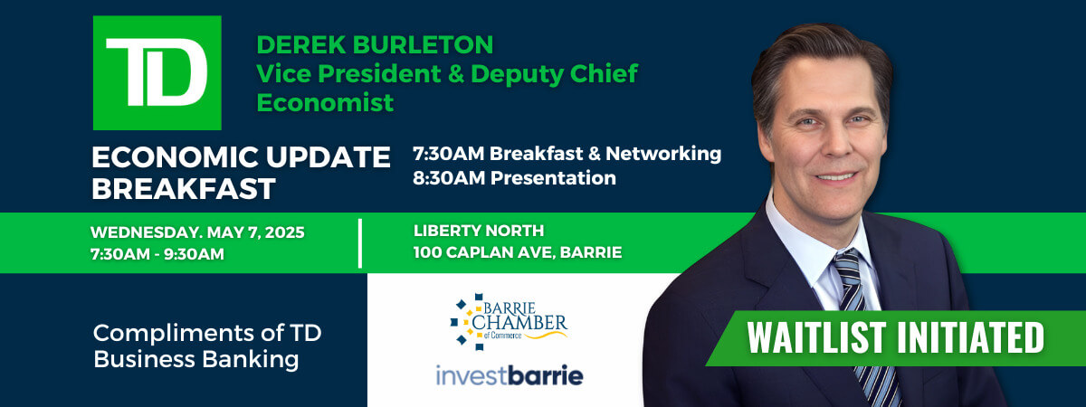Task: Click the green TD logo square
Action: pyautogui.click(x=157, y=72)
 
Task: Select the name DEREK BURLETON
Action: pyautogui.click(x=375, y=44)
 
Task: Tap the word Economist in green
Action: pyautogui.click(x=325, y=103)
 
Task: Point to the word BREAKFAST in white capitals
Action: pyautogui.click(x=184, y=188)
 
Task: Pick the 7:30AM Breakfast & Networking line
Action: pyautogui.click(x=567, y=154)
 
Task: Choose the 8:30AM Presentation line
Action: pyautogui.click(x=514, y=178)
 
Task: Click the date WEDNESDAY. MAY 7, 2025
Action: pyautogui.click(x=197, y=232)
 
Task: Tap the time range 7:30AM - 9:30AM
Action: pyautogui.click(x=157, y=254)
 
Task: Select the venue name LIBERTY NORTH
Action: pyautogui.click(x=479, y=231)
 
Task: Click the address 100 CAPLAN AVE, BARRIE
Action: pyautogui.click(x=518, y=252)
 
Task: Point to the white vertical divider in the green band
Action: pyautogui.click(x=360, y=243)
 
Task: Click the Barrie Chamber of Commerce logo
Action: pyautogui.click(x=509, y=322)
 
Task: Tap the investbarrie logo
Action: pyautogui.click(x=510, y=375)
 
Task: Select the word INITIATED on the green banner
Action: pyautogui.click(x=971, y=337)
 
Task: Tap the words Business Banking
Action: pyautogui.click(x=195, y=360)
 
